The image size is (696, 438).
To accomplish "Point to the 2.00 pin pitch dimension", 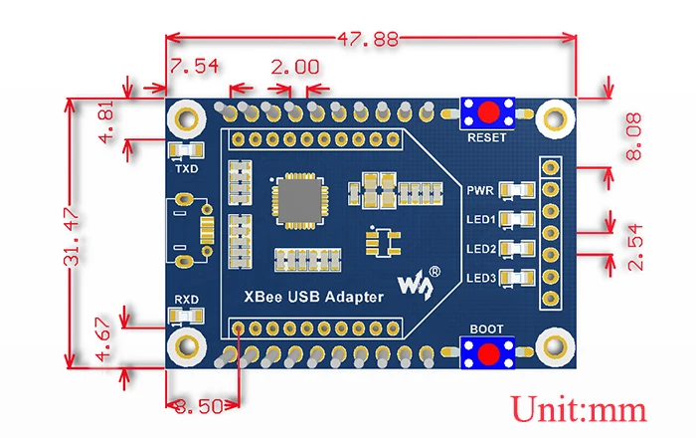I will pyautogui.click(x=295, y=68).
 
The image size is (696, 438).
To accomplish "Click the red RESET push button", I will pyautogui.click(x=487, y=111).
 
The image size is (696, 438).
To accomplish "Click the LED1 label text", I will pyautogui.click(x=481, y=218).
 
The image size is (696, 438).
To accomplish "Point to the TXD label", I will pyautogui.click(x=187, y=169).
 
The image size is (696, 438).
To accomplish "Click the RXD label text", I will pyautogui.click(x=187, y=299).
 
